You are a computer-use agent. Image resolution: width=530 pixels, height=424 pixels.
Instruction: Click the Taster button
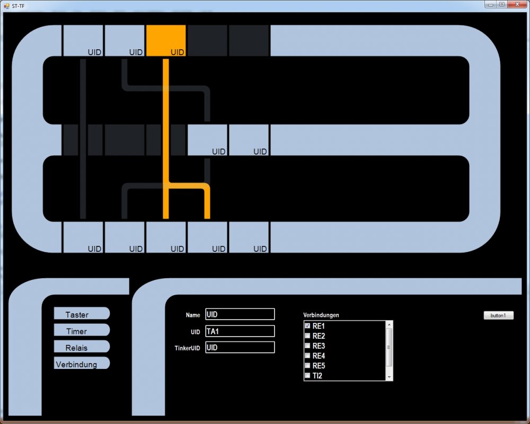pos(81,314)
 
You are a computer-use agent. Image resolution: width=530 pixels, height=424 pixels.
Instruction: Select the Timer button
pos(81,331)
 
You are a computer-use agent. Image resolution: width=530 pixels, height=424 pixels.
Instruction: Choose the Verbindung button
pos(81,364)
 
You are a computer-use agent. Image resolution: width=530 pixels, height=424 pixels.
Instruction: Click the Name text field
pos(240,314)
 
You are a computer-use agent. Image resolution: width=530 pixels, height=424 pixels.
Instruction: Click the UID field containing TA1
pos(240,331)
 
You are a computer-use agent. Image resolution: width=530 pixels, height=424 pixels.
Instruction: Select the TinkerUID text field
pos(240,348)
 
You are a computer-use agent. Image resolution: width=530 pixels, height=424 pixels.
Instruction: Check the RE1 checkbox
pos(307,325)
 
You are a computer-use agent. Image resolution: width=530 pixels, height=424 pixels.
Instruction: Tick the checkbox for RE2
pos(307,335)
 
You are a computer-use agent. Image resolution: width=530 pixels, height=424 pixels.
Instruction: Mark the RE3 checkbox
pos(307,346)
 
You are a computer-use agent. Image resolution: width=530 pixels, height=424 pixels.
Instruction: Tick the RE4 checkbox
pos(307,356)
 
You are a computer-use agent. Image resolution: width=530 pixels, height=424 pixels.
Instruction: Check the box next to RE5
pos(307,366)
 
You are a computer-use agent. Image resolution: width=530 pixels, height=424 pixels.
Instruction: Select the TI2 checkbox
pos(307,376)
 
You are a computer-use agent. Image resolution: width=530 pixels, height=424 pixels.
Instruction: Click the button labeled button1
pos(498,315)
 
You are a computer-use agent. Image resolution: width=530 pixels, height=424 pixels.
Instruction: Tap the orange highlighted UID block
pos(166,40)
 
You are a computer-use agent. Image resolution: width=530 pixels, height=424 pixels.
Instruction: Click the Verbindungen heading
pos(321,315)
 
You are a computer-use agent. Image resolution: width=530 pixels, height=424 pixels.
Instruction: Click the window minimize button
pos(491,4)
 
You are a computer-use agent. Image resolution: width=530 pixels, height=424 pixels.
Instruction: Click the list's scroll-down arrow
pos(389,377)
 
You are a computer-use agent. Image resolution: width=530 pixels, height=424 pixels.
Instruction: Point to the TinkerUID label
pos(187,348)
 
